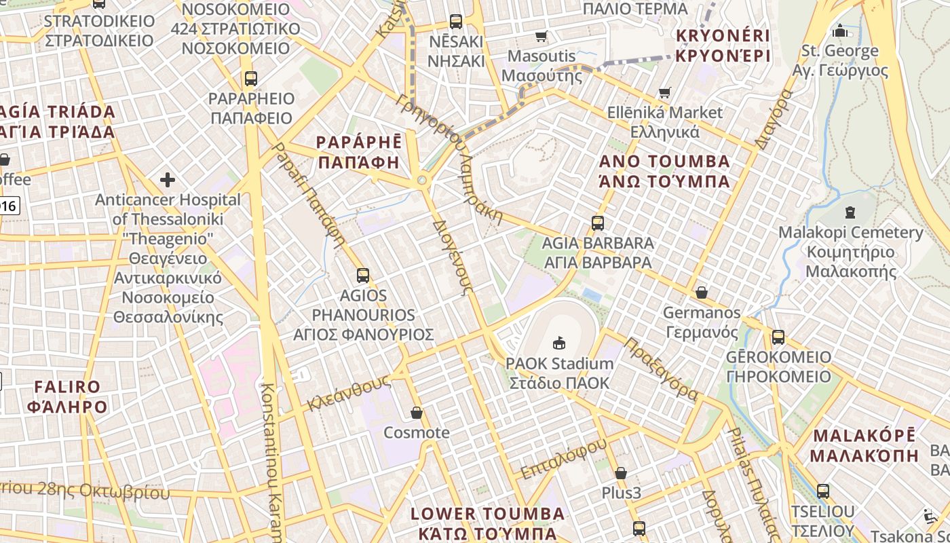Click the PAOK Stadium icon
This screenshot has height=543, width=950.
tap(559, 343)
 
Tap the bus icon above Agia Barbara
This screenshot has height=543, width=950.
tap(597, 223)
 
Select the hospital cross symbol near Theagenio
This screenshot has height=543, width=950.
tap(168, 180)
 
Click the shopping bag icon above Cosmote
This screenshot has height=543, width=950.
tap(417, 413)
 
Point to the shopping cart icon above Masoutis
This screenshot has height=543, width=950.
tap(541, 37)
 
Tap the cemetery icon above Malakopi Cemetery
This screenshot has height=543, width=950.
tap(850, 212)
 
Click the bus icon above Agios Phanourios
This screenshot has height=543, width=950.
tap(363, 276)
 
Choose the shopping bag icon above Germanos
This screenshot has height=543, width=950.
tap(701, 293)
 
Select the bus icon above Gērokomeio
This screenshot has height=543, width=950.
tap(778, 337)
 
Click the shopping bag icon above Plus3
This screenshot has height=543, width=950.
tap(620, 473)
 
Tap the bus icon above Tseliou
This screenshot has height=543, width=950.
tap(822, 491)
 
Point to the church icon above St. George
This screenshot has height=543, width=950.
tap(840, 31)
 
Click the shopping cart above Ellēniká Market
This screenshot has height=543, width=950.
tap(664, 92)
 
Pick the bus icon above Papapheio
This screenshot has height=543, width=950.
tap(251, 79)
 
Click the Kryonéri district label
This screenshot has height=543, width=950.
tap(723, 45)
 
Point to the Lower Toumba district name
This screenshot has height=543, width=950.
tap(487, 523)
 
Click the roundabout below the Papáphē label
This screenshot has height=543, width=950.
tap(421, 180)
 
